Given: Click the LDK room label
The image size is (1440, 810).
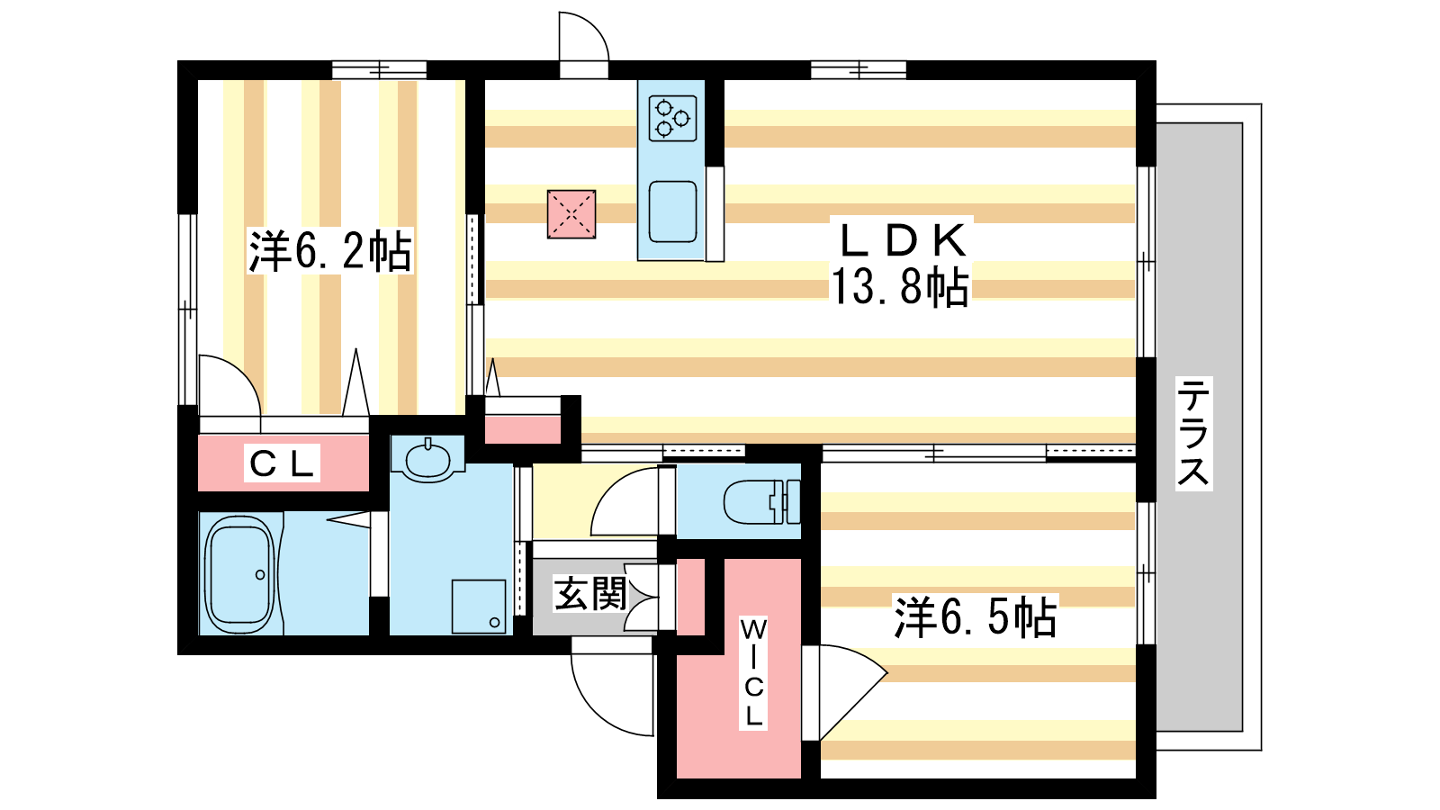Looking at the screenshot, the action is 901,239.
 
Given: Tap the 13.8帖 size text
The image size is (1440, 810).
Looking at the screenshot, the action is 900,286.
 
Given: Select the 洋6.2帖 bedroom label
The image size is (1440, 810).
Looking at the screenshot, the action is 329,251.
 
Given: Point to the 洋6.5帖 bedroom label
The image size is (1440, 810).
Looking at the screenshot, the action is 976,617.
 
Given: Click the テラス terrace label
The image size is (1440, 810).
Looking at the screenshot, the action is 1193,433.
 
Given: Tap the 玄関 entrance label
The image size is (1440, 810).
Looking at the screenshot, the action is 590,593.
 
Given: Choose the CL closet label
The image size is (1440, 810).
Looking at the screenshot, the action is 283,463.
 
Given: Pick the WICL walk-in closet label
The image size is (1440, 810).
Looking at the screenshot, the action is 752,672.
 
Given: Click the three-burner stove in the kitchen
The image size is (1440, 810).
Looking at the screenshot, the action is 672,118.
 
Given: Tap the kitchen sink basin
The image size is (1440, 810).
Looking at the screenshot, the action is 672,212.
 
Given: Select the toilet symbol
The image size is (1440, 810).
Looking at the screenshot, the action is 761,501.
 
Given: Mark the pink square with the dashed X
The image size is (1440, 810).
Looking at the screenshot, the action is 571,214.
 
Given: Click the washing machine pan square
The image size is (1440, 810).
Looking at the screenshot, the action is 478,607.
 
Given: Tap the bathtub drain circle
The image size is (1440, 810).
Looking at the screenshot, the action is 260,575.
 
